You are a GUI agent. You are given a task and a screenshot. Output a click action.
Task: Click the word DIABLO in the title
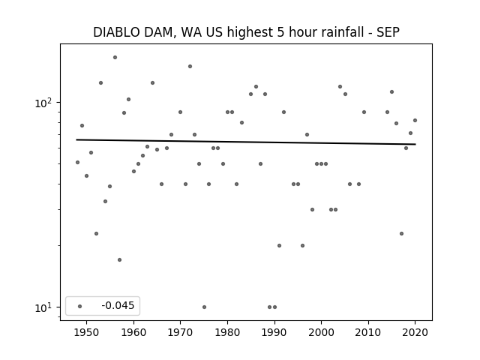pyautogui.click(x=117, y=32)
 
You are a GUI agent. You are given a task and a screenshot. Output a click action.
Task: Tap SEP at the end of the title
pyautogui.click(x=387, y=32)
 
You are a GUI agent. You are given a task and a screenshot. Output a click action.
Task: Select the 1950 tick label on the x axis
pyautogui.click(x=86, y=332)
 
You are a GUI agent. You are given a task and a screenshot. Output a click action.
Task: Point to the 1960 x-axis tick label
pyautogui.click(x=133, y=332)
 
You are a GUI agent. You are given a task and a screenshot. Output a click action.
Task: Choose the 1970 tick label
pyautogui.click(x=180, y=332)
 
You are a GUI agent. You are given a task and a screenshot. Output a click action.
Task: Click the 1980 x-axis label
pyautogui.click(x=227, y=332)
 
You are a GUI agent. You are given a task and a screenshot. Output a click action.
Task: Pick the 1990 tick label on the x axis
pyautogui.click(x=274, y=332)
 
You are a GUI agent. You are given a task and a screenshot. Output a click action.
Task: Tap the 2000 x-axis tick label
pyautogui.click(x=321, y=332)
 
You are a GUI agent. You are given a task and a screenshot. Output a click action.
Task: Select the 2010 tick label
pyautogui.click(x=368, y=332)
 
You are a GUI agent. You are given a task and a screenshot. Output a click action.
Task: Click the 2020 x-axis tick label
pyautogui.click(x=415, y=332)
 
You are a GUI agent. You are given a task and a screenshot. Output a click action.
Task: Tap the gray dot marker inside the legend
pyautogui.click(x=79, y=306)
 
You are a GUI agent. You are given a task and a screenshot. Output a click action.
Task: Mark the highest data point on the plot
pyautogui.click(x=115, y=57)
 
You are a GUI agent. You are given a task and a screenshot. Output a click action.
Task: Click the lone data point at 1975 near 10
pyautogui.click(x=204, y=307)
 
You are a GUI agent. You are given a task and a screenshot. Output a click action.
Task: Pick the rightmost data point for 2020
pyautogui.click(x=415, y=120)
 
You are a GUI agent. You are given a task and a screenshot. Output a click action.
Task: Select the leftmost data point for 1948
pyautogui.click(x=77, y=162)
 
